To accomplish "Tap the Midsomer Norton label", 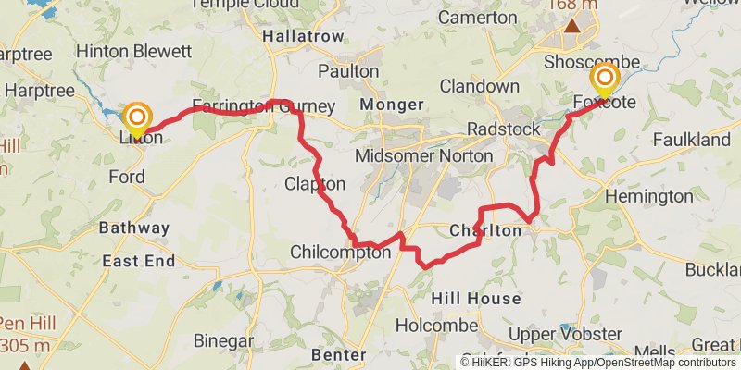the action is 424,155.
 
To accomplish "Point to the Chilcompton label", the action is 340,252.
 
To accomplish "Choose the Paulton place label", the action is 347,71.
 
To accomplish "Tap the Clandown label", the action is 479,86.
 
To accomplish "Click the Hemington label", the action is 647,196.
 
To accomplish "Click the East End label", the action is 138,262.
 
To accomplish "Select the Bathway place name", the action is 134,228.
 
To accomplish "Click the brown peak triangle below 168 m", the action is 573,23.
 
